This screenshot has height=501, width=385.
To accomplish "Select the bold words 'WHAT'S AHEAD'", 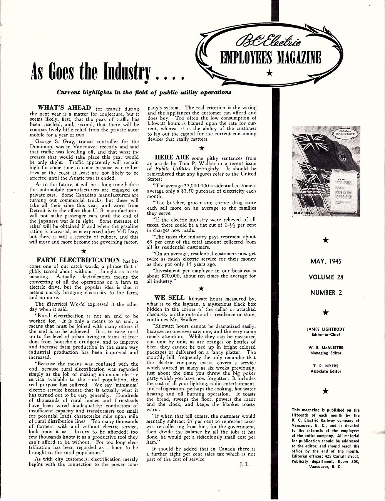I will coord(64,108).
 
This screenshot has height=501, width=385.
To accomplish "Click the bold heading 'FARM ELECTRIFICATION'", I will coord(78,260).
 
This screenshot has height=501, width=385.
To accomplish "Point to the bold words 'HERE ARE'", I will coord(172,157).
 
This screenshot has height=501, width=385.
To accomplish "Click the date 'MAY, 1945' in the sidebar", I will coord(326,262).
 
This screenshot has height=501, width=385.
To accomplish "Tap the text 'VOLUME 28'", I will coord(326,277).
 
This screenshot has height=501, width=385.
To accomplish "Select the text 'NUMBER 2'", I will coord(326,293).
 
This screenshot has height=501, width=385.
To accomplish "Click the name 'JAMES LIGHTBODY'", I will coord(326,329).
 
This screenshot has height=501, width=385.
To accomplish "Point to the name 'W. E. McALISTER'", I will coord(326,348).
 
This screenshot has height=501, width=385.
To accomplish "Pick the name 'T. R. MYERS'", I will coord(326,366).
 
